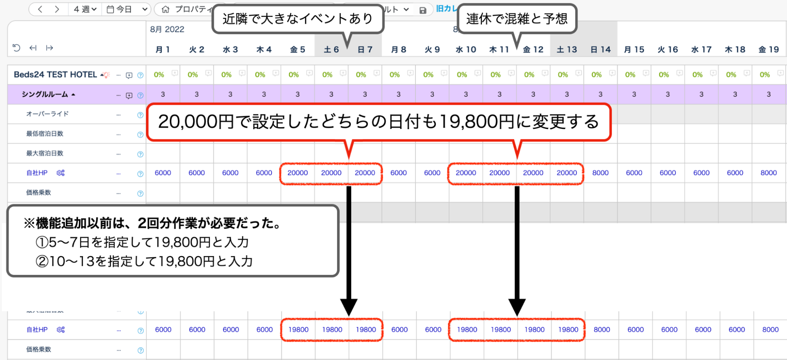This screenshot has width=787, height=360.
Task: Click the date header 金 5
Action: pyautogui.click(x=297, y=50)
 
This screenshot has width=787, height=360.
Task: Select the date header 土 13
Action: pyautogui.click(x=567, y=50)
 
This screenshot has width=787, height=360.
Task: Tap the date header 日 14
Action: pyautogui.click(x=600, y=50)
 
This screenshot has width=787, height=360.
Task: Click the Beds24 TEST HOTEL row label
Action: pyautogui.click(x=55, y=74)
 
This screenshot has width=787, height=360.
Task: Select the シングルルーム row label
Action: pyautogui.click(x=45, y=95)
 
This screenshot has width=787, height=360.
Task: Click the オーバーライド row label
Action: pyautogui.click(x=47, y=114)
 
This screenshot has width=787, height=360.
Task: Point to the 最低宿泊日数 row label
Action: pyautogui.click(x=44, y=134)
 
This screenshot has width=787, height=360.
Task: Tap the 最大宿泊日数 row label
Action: pyautogui.click(x=44, y=153)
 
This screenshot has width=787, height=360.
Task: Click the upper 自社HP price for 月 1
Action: pyautogui.click(x=163, y=173)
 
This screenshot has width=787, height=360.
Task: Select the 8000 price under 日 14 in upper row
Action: pyautogui.click(x=600, y=173)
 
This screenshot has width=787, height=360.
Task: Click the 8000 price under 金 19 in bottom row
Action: pyautogui.click(x=770, y=330)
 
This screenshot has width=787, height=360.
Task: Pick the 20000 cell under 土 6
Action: pyautogui.click(x=331, y=173)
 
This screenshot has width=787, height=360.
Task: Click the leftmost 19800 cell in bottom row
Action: pyautogui.click(x=298, y=330)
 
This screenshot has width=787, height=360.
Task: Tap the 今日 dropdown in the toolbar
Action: pyautogui.click(x=127, y=9)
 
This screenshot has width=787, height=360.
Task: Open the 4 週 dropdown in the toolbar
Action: pyautogui.click(x=85, y=9)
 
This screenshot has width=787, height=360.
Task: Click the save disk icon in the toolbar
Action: pyautogui.click(x=423, y=10)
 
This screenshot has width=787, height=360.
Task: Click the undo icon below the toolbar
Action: pyautogui.click(x=16, y=48)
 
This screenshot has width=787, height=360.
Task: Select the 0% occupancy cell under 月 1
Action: pyautogui.click(x=159, y=75)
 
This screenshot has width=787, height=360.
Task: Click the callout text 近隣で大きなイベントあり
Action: pyautogui.click(x=298, y=19)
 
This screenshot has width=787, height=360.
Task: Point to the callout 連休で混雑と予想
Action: pyautogui.click(x=517, y=19)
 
